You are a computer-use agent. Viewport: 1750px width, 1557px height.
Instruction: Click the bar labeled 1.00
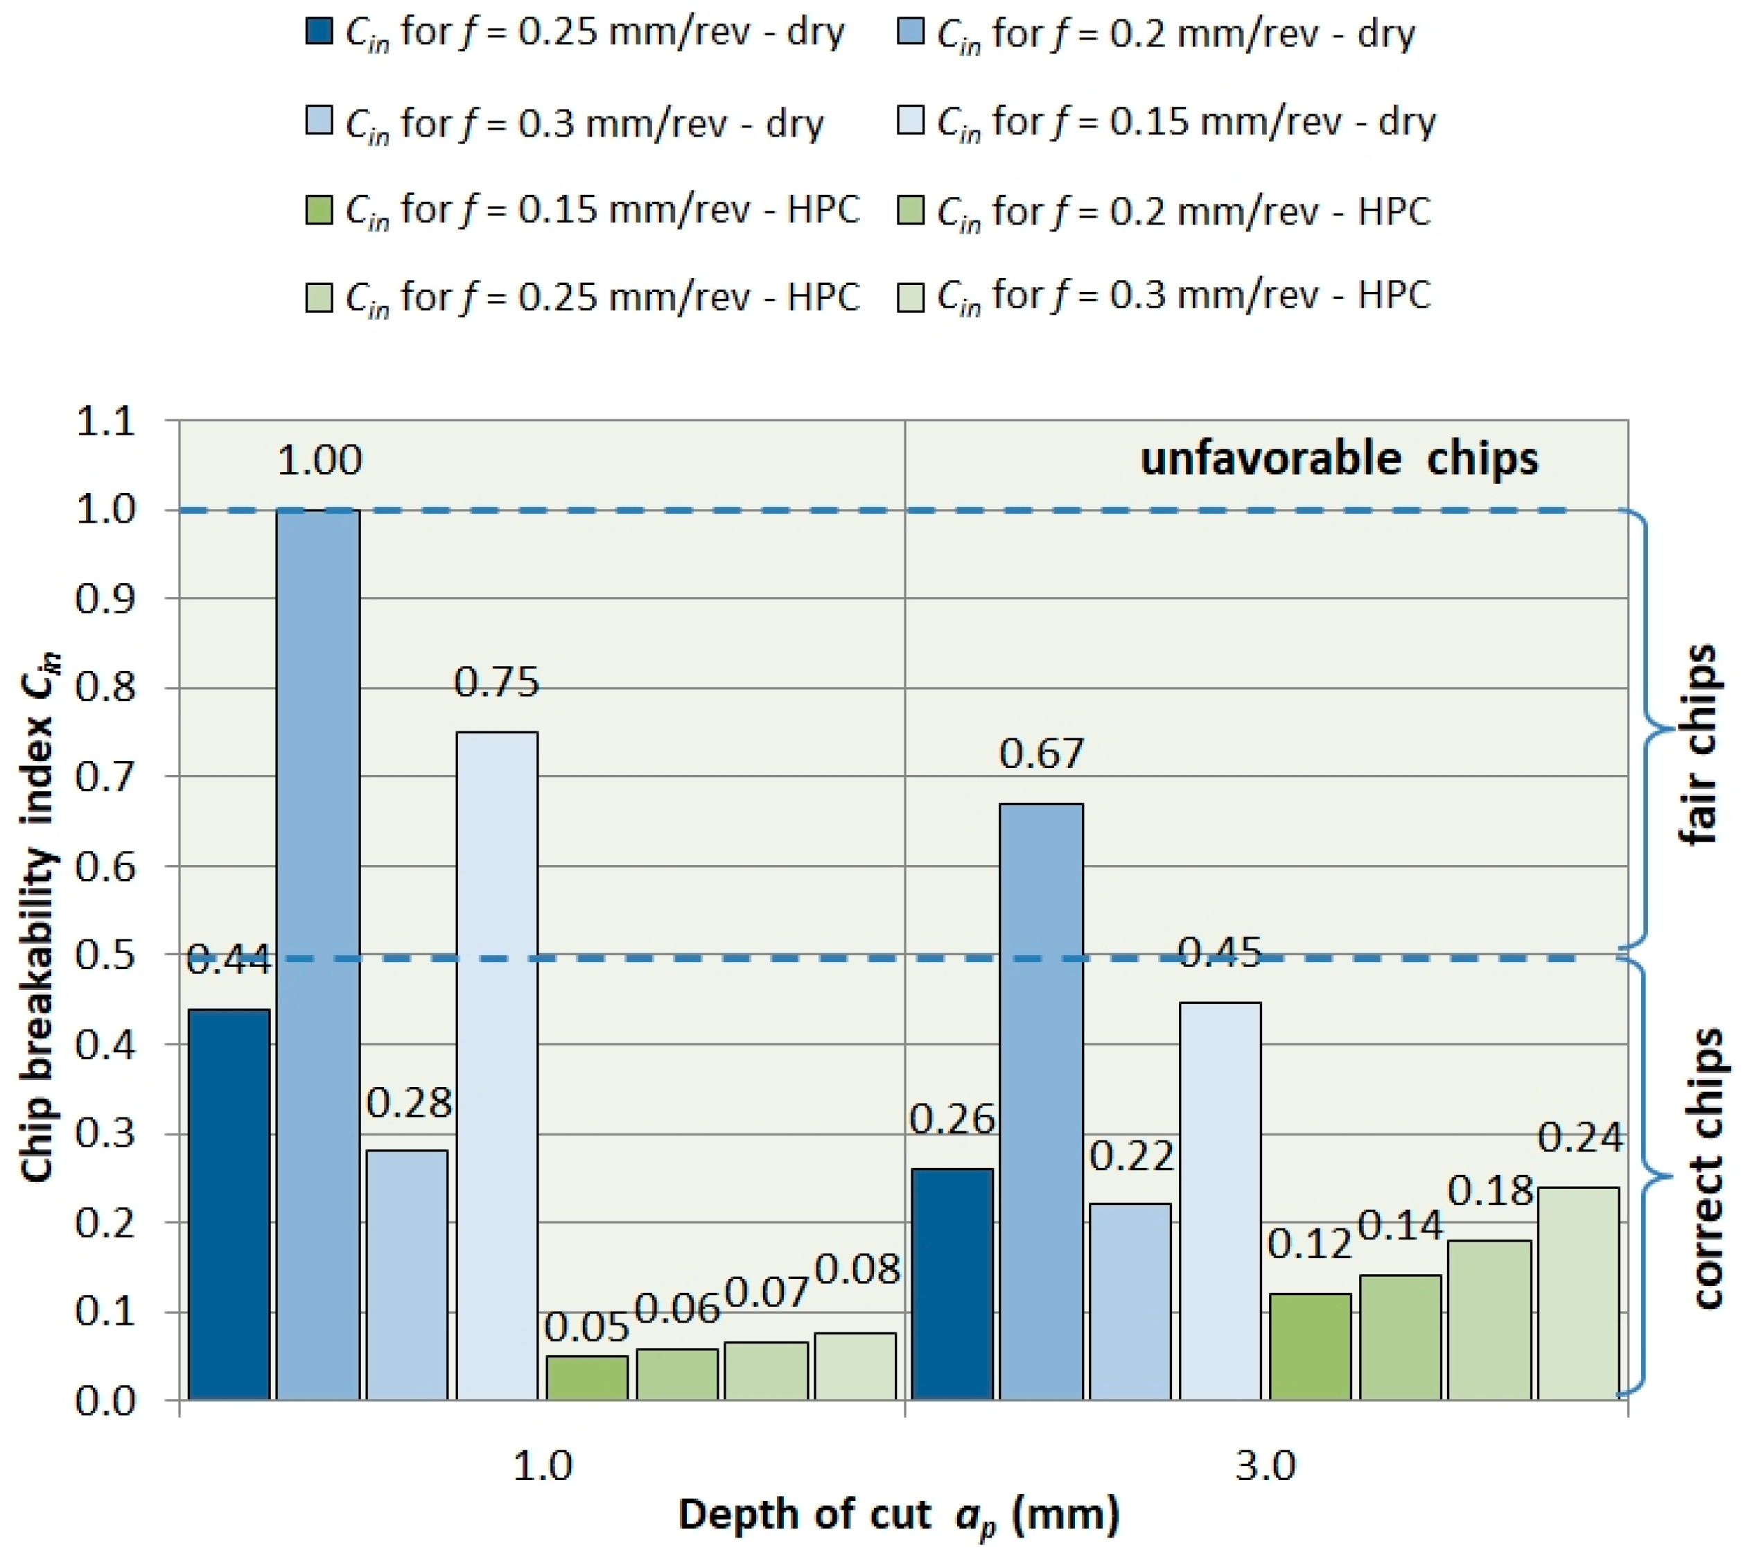point(319,955)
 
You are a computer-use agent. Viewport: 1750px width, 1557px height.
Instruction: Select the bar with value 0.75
point(498,1066)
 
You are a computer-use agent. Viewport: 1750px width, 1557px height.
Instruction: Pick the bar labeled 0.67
point(1041,1102)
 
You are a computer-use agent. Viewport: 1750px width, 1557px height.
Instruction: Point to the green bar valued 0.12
point(1310,1347)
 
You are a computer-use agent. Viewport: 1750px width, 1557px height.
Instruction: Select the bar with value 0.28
point(408,1276)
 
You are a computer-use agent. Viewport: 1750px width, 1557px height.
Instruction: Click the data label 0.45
point(1220,953)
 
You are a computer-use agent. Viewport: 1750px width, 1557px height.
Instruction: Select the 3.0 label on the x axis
point(1266,1466)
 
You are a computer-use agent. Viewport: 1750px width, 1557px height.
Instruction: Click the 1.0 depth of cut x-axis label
point(542,1466)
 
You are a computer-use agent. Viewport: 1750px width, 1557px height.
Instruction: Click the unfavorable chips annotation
point(1339,458)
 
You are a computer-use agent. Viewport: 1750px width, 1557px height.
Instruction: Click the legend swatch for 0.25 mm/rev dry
point(320,32)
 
